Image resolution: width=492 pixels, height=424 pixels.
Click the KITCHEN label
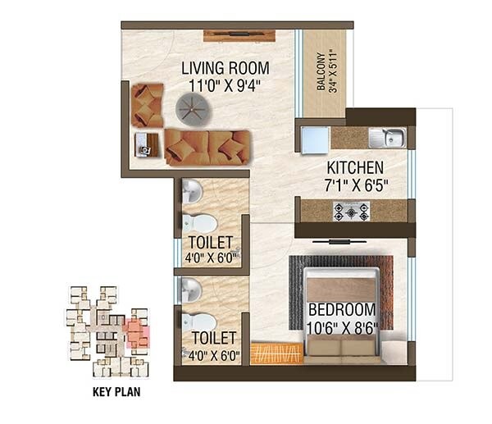coord(352,166)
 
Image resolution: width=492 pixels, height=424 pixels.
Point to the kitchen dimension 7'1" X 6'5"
coord(352,182)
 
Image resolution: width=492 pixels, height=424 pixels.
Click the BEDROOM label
coord(342,310)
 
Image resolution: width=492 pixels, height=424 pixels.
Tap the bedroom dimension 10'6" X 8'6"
coord(342,326)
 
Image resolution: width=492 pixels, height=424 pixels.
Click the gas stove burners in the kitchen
coord(351,211)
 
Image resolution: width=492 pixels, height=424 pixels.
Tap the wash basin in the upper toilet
coord(190,191)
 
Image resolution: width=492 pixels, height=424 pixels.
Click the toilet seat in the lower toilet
coord(198,321)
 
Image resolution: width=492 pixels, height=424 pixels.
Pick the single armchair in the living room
coord(148,103)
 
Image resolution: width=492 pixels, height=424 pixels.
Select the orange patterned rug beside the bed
coord(276,353)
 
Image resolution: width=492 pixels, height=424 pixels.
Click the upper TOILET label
coord(211,242)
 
